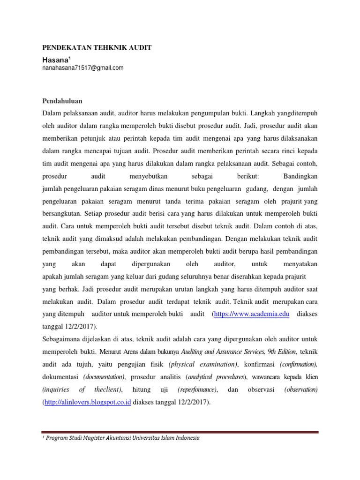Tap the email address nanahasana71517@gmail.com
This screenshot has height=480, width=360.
83,68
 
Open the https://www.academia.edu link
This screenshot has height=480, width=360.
252,314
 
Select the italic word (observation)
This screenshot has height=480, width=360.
301,390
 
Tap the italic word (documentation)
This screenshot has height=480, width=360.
105,377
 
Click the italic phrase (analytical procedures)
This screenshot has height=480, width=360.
216,377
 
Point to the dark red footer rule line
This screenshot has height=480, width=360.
180,432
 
